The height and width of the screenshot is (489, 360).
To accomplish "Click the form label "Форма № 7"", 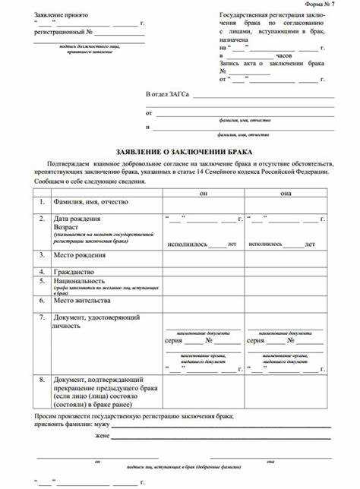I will [339, 5].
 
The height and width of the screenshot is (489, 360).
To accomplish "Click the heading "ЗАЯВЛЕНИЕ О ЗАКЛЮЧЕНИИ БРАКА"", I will [180, 152].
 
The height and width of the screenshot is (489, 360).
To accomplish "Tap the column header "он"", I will [203, 194].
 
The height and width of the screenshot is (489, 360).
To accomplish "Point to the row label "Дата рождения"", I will [75, 219].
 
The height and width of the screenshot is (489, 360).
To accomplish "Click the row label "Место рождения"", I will [79, 255].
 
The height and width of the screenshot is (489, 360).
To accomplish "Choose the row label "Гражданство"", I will [74, 271].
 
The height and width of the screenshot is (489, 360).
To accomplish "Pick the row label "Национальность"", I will [79, 280].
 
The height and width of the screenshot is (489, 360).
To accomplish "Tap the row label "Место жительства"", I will [82, 301].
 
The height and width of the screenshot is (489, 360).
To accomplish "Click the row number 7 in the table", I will [42, 317].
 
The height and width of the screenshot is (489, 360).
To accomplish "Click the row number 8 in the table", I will [42, 378].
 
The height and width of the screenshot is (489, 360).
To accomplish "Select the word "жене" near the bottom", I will [102, 437].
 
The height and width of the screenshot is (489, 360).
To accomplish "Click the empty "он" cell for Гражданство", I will [203, 271].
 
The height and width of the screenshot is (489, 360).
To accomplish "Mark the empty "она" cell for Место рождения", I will [285, 256].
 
